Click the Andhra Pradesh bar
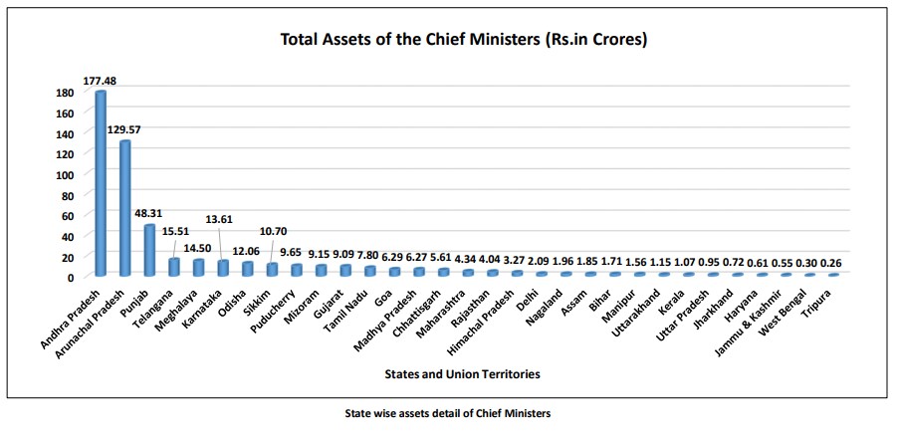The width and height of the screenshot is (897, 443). click(x=101, y=184)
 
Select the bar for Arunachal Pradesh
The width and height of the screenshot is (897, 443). click(x=125, y=208)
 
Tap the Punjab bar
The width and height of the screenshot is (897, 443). click(x=149, y=249)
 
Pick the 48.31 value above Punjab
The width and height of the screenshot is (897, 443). click(x=150, y=214)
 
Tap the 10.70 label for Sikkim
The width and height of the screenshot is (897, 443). click(x=273, y=231)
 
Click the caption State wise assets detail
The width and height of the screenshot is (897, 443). click(x=447, y=410)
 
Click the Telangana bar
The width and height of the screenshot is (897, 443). click(x=174, y=267)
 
